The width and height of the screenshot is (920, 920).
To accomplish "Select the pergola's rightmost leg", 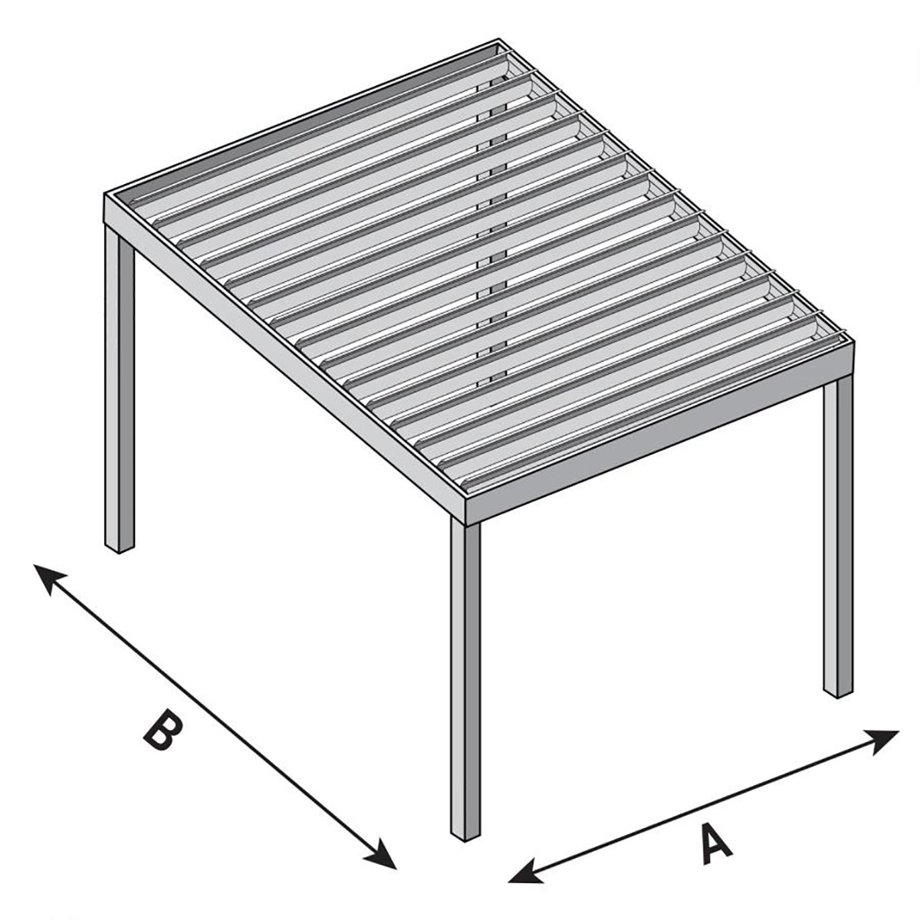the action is tap(839, 537).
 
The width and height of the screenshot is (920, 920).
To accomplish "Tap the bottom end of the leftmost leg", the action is tap(119, 550).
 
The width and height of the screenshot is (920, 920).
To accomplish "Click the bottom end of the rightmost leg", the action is tap(838, 694).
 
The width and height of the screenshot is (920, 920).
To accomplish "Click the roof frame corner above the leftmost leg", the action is tap(105, 193).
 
